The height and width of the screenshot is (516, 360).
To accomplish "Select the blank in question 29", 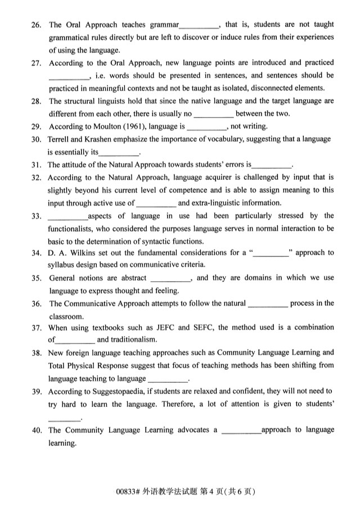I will (x=205, y=127).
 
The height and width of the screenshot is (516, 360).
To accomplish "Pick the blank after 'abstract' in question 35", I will (x=171, y=278).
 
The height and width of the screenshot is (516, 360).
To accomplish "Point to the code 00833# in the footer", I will (x=123, y=491).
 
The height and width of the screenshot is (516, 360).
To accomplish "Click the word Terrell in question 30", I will (x=61, y=139).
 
